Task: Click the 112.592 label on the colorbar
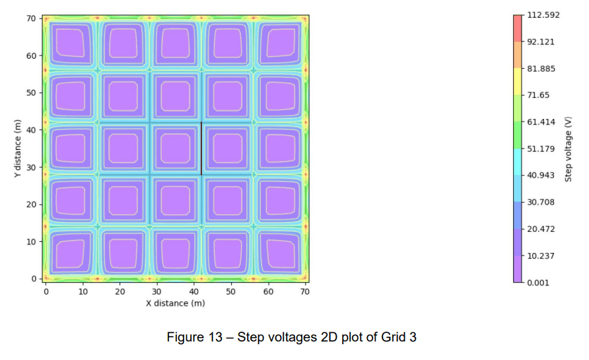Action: coord(543,15)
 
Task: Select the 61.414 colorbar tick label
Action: coord(541,122)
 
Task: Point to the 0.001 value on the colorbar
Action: coord(539,283)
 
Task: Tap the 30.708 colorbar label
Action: coord(541,202)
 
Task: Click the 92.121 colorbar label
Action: coord(541,42)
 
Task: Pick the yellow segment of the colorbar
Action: coord(518,82)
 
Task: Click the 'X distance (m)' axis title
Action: coord(176,303)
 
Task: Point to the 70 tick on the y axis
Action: coord(30,18)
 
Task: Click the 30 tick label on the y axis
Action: coord(30,167)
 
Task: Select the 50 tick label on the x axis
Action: coord(230,291)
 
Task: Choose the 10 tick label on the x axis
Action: coord(83,291)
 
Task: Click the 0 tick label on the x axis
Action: coord(46,291)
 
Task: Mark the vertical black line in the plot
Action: coord(201,149)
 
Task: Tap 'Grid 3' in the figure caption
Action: coord(399,337)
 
